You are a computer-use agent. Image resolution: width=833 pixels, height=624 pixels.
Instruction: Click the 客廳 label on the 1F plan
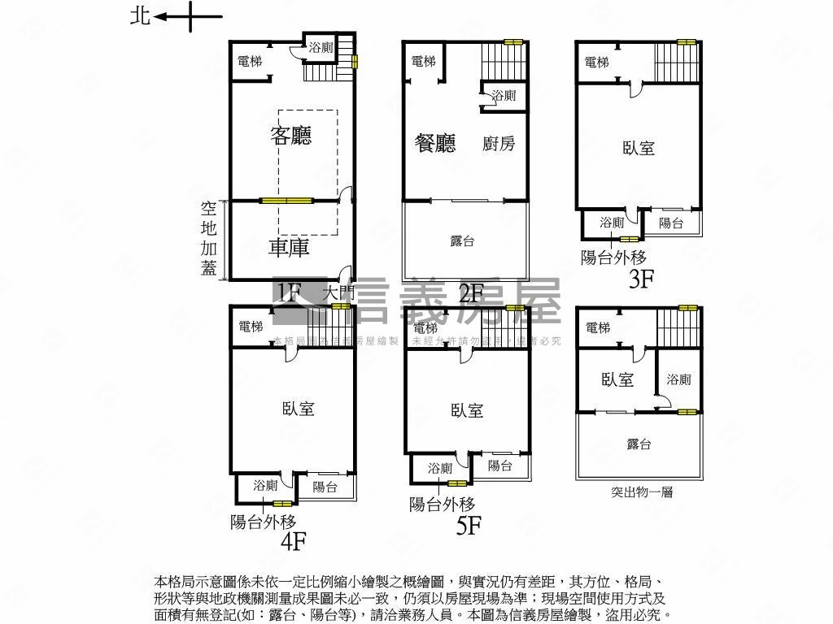pyautogui.click(x=291, y=136)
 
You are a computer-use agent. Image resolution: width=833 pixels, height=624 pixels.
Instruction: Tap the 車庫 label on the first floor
pyautogui.click(x=289, y=247)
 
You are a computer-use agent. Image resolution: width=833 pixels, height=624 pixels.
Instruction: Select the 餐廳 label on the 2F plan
pyautogui.click(x=435, y=144)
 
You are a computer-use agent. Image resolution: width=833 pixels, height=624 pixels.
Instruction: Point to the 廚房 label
pyautogui.click(x=499, y=145)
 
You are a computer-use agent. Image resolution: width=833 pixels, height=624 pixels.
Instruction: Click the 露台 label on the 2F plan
pyautogui.click(x=462, y=241)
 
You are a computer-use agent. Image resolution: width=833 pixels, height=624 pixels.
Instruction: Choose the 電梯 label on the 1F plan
pyautogui.click(x=250, y=61)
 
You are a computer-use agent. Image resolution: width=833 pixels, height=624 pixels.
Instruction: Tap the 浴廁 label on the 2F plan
pyautogui.click(x=504, y=96)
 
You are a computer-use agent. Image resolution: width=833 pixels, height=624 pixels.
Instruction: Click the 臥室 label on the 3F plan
pyautogui.click(x=639, y=148)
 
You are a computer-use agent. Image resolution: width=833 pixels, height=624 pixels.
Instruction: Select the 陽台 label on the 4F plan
pyautogui.click(x=325, y=487)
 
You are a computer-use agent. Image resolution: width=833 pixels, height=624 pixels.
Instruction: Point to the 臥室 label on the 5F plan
pyautogui.click(x=467, y=410)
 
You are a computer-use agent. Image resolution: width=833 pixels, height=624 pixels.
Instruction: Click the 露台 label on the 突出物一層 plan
pyautogui.click(x=639, y=444)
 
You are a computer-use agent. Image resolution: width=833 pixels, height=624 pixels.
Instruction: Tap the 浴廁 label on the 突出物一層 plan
pyautogui.click(x=678, y=379)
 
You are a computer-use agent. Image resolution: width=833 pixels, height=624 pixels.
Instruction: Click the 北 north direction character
pyautogui.click(x=140, y=16)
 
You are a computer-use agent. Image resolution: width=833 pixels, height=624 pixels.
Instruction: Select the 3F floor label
pyautogui.click(x=642, y=280)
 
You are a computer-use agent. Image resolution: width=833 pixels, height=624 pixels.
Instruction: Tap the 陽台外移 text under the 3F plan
pyautogui.click(x=613, y=258)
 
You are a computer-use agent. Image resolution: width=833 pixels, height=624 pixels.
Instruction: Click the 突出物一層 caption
pyautogui.click(x=642, y=492)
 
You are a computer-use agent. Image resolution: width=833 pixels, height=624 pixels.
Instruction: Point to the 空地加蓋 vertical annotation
pyautogui.click(x=209, y=238)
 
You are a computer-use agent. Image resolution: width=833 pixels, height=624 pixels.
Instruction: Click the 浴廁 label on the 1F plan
pyautogui.click(x=321, y=48)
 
